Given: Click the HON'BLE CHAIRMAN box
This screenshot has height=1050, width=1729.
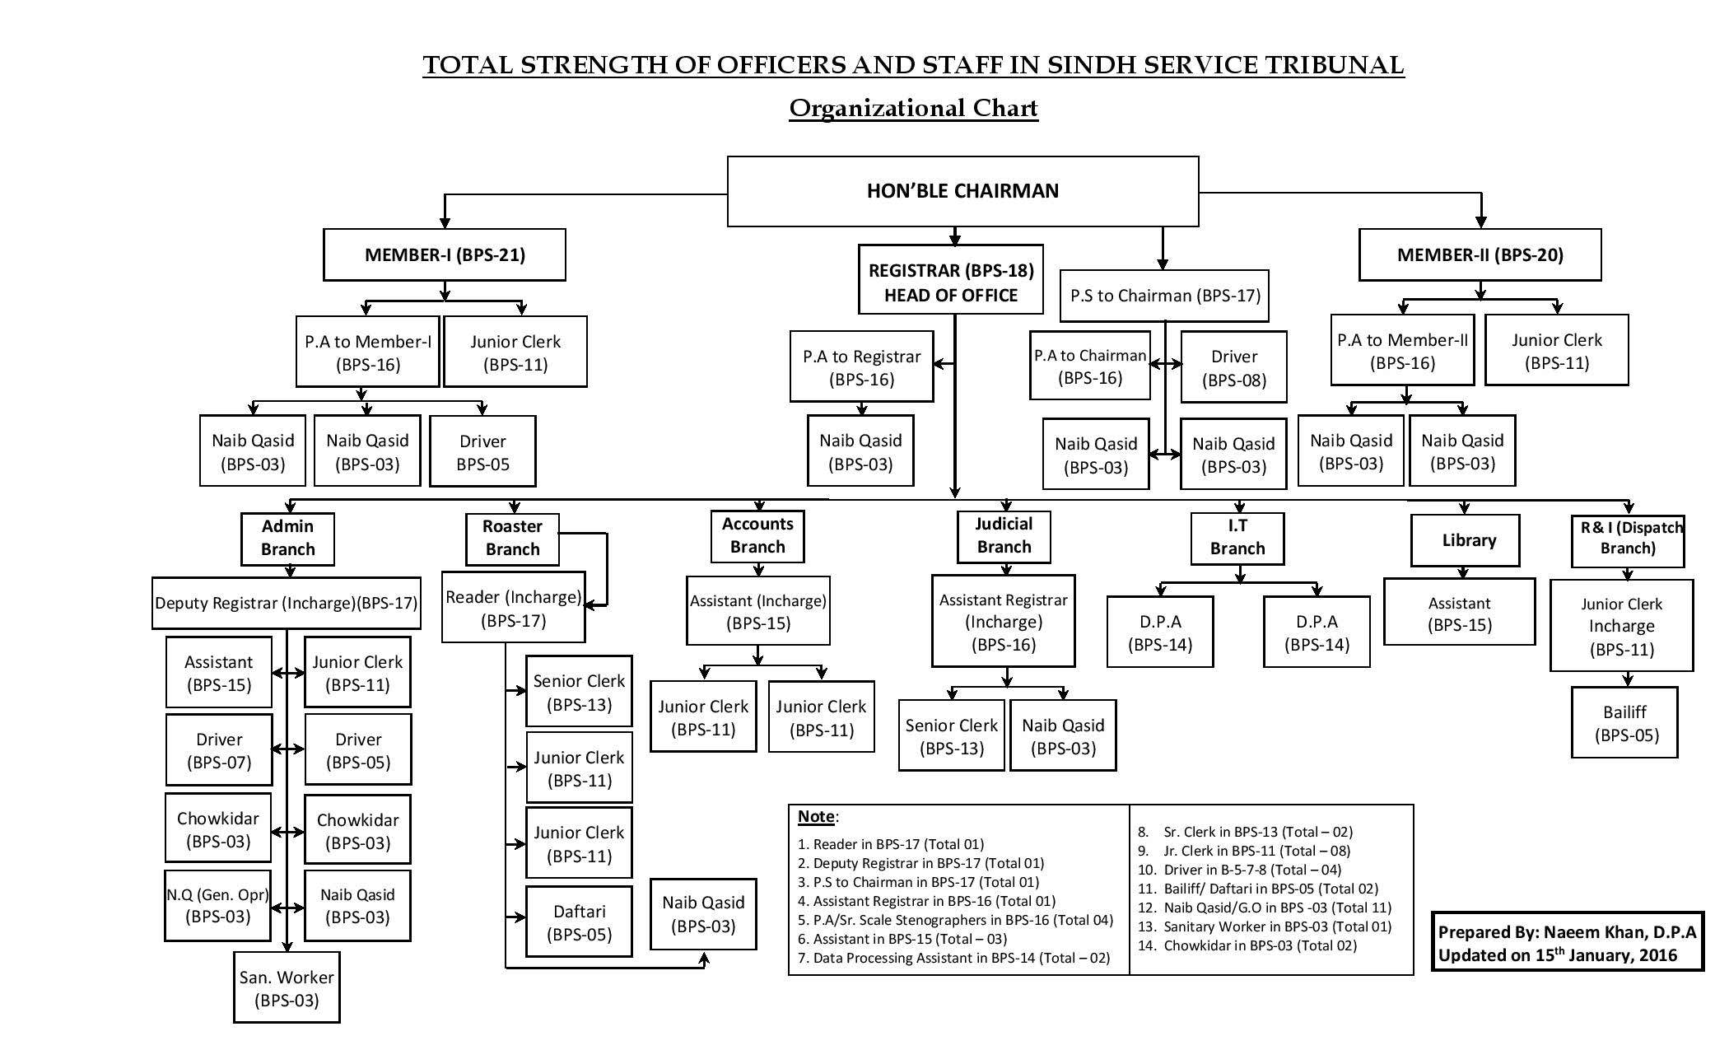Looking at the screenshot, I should [x=962, y=191].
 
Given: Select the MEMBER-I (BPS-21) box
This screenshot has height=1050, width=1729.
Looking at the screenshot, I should [x=445, y=254].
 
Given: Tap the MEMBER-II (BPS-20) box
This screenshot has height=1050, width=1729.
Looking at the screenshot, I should [x=1480, y=254].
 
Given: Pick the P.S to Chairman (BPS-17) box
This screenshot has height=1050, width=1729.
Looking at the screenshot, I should [x=1164, y=295].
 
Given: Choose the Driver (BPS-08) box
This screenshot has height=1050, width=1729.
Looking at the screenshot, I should [x=1233, y=367].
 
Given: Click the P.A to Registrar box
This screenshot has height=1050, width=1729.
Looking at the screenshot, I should [x=861, y=367].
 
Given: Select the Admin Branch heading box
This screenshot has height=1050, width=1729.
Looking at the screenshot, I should [x=287, y=538].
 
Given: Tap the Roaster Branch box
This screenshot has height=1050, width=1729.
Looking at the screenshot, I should [x=512, y=538].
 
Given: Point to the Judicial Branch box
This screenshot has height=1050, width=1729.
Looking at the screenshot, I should [x=1004, y=535].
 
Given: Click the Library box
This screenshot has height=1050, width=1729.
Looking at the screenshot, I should [x=1465, y=540].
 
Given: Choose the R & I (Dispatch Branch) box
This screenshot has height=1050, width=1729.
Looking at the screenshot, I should [x=1627, y=539].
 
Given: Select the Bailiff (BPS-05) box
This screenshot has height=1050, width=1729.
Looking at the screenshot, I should [x=1624, y=723].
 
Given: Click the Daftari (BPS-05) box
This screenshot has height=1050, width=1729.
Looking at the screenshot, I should [x=579, y=922].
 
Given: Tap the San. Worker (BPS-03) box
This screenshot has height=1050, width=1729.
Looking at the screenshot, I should [x=287, y=988].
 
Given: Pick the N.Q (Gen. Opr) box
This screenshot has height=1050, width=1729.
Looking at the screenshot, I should [x=217, y=905].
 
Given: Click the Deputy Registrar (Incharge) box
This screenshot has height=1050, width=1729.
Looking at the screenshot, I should [x=287, y=603].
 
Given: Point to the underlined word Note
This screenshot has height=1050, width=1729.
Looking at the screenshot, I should [x=816, y=816].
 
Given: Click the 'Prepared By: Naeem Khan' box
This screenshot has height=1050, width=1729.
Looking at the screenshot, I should [x=1567, y=943].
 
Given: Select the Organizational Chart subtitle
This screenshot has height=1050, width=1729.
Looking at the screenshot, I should [x=913, y=108].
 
